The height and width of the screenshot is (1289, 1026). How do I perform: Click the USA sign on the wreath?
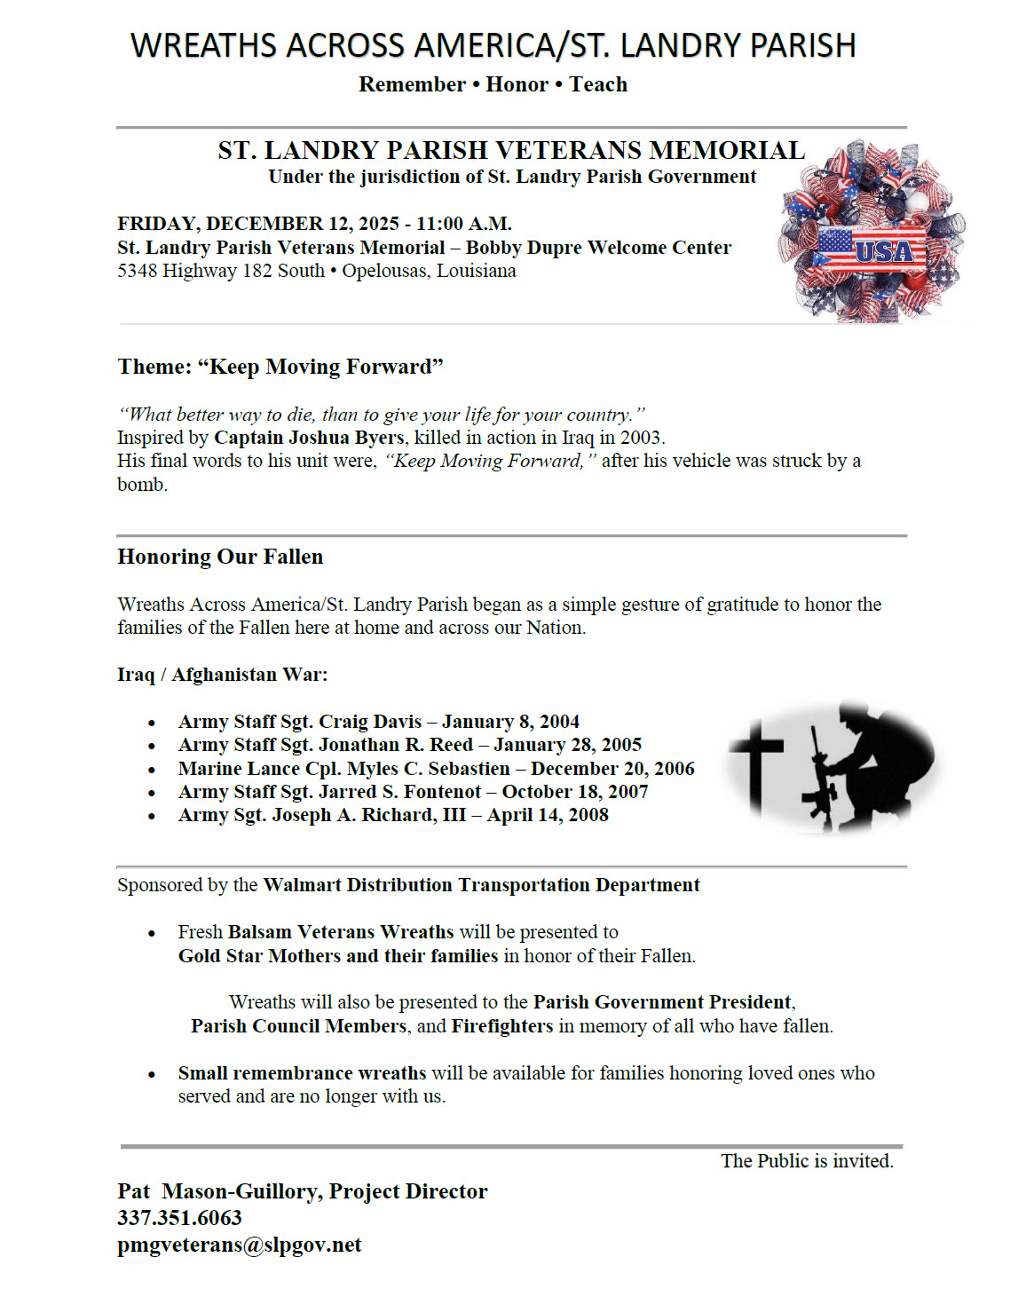[883, 250]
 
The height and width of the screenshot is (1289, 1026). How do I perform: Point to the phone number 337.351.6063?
[179, 1218]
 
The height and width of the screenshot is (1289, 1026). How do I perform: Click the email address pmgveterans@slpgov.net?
[239, 1245]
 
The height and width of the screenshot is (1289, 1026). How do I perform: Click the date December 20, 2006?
[612, 769]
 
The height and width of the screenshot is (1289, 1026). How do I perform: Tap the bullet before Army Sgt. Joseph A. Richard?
[153, 816]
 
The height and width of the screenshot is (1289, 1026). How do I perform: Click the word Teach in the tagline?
[598, 84]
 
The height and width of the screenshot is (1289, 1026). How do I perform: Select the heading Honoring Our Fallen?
[220, 557]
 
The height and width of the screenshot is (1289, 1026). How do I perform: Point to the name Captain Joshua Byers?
[309, 438]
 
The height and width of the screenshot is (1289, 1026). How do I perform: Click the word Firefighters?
[501, 1026]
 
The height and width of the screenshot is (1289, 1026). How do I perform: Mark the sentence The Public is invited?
[807, 1161]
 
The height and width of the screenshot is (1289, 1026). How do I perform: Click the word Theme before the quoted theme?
[154, 367]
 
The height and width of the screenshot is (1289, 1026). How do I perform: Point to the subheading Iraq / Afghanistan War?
[222, 675]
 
